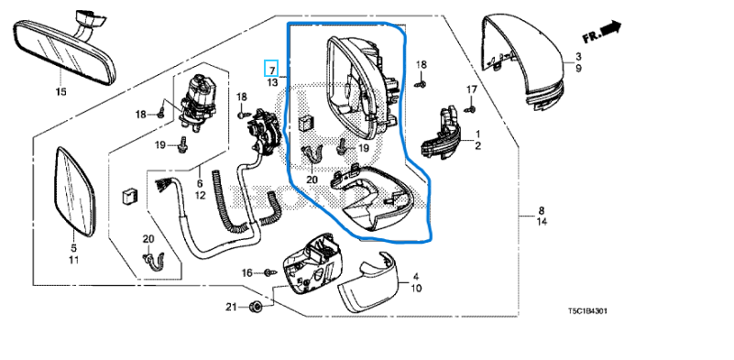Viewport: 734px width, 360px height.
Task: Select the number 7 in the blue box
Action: pyautogui.click(x=271, y=71)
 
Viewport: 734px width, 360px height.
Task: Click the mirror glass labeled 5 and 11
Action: pyautogui.click(x=75, y=191)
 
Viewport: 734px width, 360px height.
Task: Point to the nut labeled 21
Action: pyautogui.click(x=256, y=307)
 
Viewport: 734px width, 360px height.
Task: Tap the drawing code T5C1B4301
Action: pyautogui.click(x=587, y=311)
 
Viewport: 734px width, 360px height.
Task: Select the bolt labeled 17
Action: pyautogui.click(x=471, y=109)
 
